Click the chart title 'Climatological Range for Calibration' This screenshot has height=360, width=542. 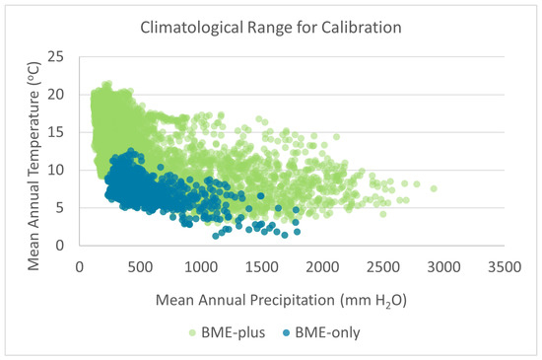click(271, 28)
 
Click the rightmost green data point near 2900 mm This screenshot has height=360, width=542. click(433, 188)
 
